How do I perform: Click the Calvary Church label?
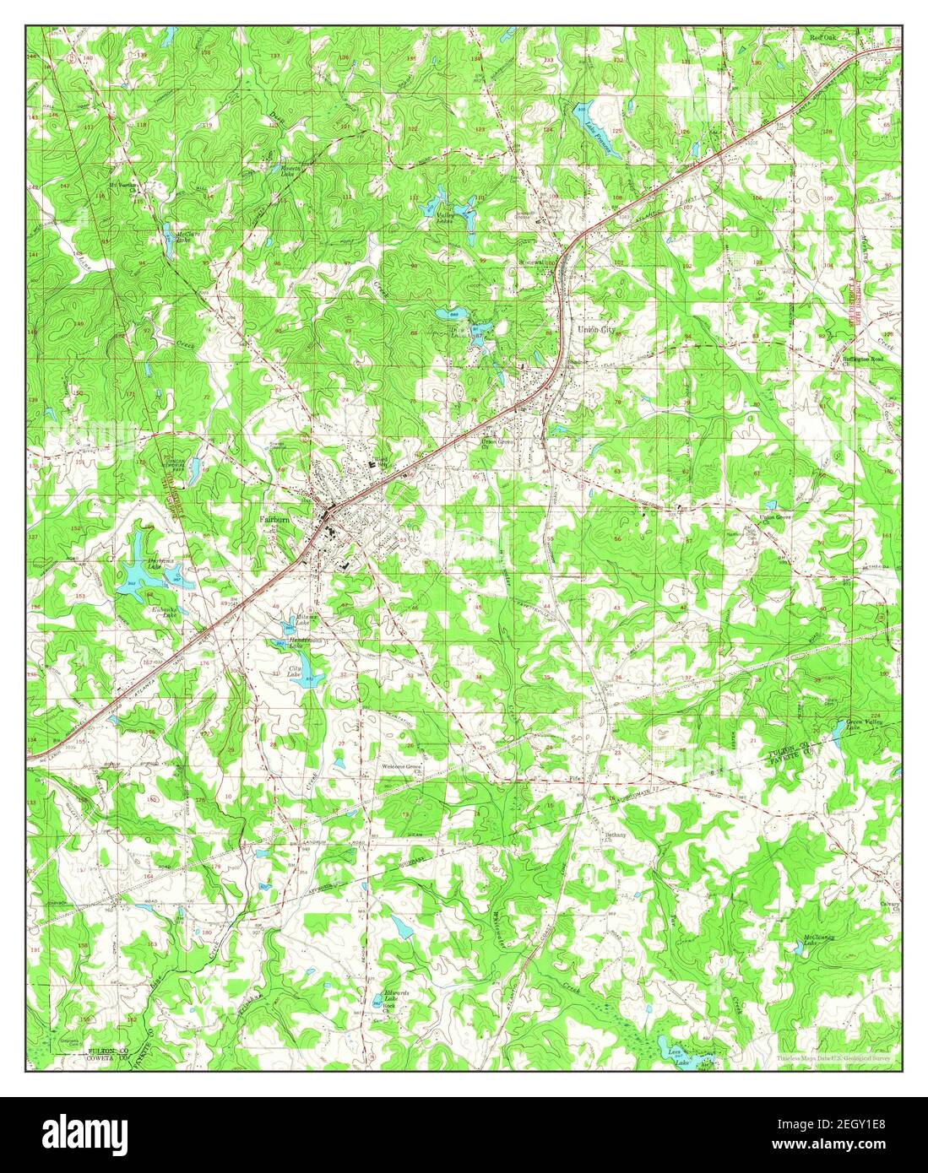pos(887,905)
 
